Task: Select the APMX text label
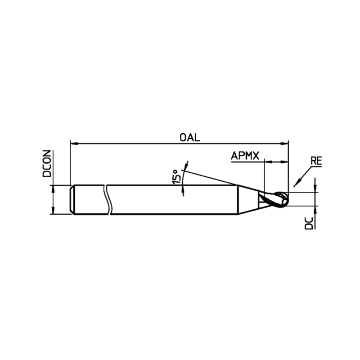(x=245, y=156)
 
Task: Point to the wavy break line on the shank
(x=108, y=199)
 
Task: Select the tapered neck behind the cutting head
(x=247, y=199)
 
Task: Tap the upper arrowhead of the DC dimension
(x=315, y=189)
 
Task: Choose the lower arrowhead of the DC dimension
(x=315, y=210)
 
